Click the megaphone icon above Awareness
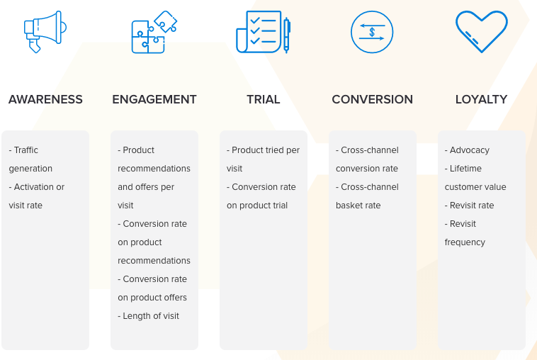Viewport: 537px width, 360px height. coord(45,31)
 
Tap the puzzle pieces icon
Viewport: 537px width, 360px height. coord(154,32)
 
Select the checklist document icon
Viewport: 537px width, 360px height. coord(263,32)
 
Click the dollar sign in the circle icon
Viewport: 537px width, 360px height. coord(372,32)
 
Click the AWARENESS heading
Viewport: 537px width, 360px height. coord(45,99)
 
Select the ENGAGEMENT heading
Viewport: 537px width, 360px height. coord(154,99)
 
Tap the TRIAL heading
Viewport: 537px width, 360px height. coord(264,99)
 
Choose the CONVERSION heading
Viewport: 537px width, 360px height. coord(372,99)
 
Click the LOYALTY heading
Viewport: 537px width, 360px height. coord(481,99)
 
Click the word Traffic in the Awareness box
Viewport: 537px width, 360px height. coord(26,150)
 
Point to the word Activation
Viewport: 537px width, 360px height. coord(34,187)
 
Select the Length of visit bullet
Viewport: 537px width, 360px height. coord(148,316)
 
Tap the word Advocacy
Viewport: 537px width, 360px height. coord(470,150)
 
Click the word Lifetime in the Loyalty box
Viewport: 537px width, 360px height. coord(465,169)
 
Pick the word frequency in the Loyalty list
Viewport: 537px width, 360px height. coord(465,242)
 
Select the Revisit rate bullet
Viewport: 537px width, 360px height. coord(469,206)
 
